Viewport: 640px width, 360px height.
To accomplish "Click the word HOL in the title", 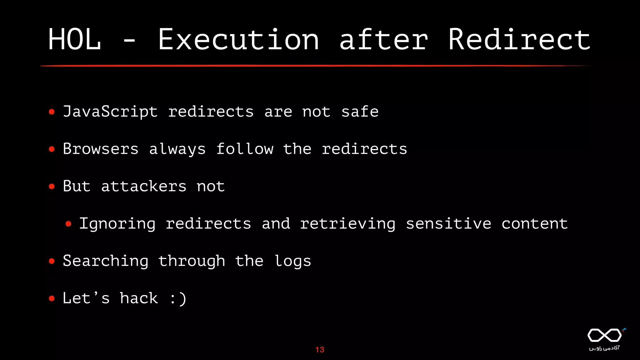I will (x=75, y=39).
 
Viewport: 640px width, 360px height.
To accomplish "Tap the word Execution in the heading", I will (x=238, y=39).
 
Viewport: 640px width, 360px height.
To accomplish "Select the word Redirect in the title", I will (x=519, y=39).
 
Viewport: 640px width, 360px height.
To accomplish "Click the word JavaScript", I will (x=110, y=112).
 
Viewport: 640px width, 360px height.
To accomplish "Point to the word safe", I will (x=360, y=112).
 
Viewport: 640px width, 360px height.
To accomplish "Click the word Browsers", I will (x=101, y=149).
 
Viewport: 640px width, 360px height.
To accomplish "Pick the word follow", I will (x=245, y=149).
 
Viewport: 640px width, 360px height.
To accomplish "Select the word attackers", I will (x=144, y=187).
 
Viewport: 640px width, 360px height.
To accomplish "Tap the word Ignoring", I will (x=117, y=224).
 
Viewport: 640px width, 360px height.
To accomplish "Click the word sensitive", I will (x=448, y=224).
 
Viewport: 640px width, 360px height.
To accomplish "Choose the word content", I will (x=534, y=224).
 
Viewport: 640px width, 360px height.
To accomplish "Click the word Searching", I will (x=106, y=261).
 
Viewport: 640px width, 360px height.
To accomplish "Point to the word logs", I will (x=293, y=261).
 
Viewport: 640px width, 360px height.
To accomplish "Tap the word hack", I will (x=139, y=298).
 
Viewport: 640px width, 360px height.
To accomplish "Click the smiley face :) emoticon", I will (x=178, y=298).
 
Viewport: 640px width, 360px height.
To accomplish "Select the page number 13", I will (x=320, y=350).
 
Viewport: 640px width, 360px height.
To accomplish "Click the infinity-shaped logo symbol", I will (x=605, y=335).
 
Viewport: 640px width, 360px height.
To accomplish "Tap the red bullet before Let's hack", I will (x=52, y=298).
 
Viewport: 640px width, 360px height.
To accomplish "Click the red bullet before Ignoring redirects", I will (x=68, y=224).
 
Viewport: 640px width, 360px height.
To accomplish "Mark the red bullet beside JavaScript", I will (x=52, y=112).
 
